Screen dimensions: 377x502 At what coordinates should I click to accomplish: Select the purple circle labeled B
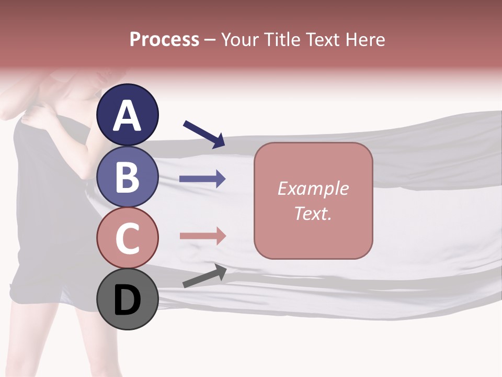128,177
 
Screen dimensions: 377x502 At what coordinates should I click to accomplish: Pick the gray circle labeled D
128,299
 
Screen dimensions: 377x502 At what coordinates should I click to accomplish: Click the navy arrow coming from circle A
204,134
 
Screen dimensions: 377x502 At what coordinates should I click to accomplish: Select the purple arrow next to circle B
202,179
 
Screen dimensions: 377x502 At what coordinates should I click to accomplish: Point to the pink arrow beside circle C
202,236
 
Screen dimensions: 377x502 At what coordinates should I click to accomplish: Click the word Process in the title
164,39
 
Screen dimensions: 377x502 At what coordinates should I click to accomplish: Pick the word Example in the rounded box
313,188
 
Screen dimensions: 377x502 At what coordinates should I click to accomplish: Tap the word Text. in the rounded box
313,213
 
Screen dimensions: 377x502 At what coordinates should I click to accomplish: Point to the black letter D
128,301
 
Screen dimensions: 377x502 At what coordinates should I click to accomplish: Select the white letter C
128,238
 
